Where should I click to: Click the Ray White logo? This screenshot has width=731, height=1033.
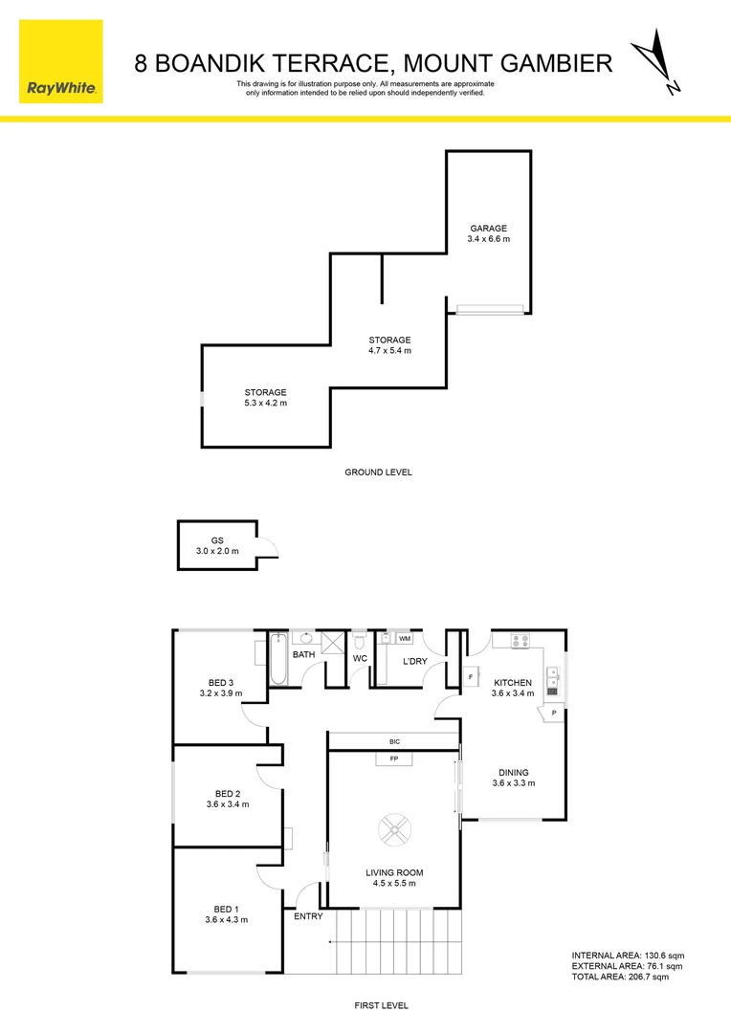coord(60,60)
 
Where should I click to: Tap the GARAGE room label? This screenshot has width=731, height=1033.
coord(488,229)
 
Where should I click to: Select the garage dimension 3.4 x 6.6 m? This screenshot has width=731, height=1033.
coord(488,239)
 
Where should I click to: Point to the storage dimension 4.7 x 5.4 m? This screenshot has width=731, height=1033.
coord(390,351)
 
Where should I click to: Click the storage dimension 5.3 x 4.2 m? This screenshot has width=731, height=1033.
coord(265,404)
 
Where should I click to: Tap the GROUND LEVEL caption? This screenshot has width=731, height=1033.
coord(378,473)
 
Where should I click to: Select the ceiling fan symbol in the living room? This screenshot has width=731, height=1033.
coord(393,829)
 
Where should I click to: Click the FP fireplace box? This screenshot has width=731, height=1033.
coord(393,759)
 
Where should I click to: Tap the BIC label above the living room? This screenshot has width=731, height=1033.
coord(394,741)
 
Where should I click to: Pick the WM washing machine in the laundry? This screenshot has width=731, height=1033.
coord(405,638)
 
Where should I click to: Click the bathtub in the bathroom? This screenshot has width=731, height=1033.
coord(278,659)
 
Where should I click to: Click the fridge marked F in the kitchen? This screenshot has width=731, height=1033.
coord(471,678)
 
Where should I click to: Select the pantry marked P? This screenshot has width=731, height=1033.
coord(553,713)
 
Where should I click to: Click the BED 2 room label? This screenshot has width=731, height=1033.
coord(227,794)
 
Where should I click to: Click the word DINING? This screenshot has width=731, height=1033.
coord(513,773)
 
